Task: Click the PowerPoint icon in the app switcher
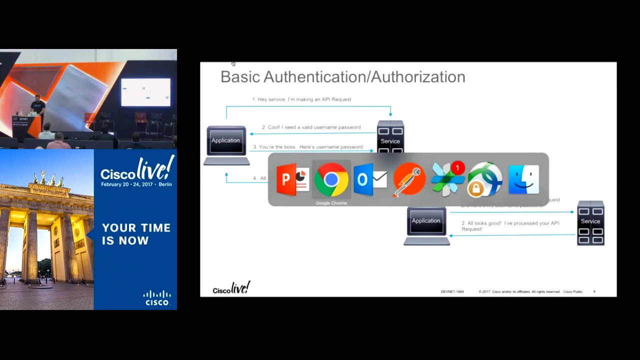(292, 179)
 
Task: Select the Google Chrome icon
(331, 179)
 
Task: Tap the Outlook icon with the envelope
(370, 179)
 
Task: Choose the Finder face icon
(523, 179)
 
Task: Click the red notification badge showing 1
(457, 168)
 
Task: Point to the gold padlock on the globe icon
(475, 188)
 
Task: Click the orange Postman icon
(409, 179)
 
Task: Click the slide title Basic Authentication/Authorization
(342, 77)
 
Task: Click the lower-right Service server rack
(590, 223)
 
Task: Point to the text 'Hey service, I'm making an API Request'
(301, 99)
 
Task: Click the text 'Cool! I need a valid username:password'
(311, 127)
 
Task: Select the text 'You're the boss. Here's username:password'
(307, 147)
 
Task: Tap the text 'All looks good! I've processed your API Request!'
(510, 226)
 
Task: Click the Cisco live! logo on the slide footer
(231, 288)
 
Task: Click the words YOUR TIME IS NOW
(136, 234)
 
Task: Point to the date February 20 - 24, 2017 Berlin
(136, 184)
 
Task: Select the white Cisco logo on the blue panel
(157, 298)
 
